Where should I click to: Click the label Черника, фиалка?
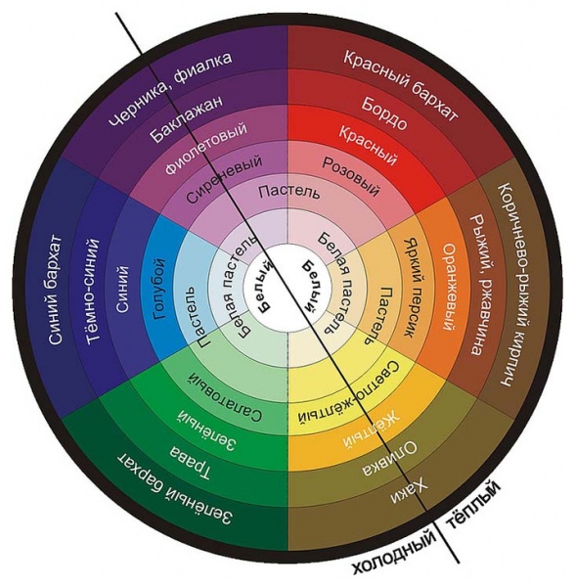pyautogui.click(x=170, y=89)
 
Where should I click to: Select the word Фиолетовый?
pyautogui.click(x=206, y=148)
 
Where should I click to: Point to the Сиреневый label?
pyautogui.click(x=224, y=179)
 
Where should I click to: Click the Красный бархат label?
pyautogui.click(x=400, y=86)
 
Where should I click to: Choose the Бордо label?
pyautogui.click(x=384, y=113)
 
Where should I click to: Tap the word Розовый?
pyautogui.click(x=351, y=177)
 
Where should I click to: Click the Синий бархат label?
pyautogui.click(x=55, y=291)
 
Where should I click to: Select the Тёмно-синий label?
pyautogui.click(x=92, y=291)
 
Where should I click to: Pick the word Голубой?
pyautogui.click(x=159, y=289)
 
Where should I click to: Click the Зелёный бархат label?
pyautogui.click(x=175, y=490)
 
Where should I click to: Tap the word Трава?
pyautogui.click(x=191, y=463)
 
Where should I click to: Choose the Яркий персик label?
pyautogui.click(x=413, y=288)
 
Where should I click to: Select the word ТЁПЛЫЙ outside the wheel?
pyautogui.click(x=473, y=505)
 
